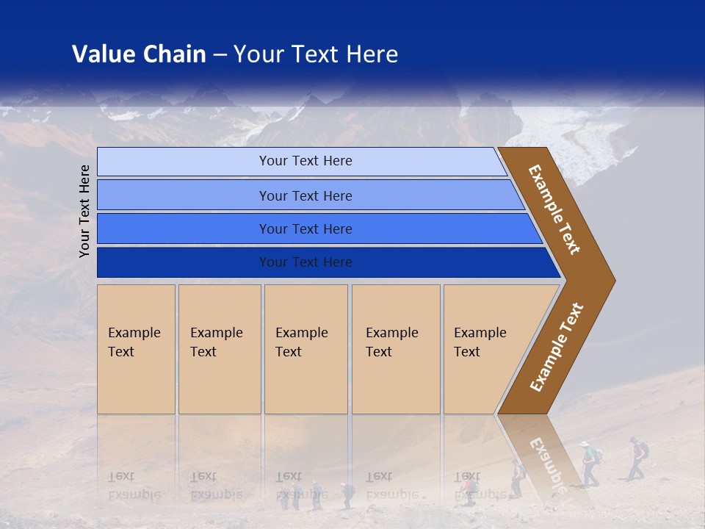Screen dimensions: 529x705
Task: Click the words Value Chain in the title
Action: click(139, 54)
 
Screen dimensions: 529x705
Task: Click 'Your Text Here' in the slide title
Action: click(316, 54)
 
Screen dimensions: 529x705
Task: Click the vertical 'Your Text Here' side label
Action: click(84, 211)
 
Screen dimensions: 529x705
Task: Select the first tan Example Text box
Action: click(136, 349)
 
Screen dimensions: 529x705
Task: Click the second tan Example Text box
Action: click(219, 349)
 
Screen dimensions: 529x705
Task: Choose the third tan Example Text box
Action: click(305, 349)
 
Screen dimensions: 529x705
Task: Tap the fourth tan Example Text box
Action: click(395, 349)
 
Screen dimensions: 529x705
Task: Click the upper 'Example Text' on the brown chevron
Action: click(554, 209)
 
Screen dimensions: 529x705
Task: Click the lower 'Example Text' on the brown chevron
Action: click(556, 348)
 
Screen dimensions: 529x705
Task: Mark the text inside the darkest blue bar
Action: click(305, 262)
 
